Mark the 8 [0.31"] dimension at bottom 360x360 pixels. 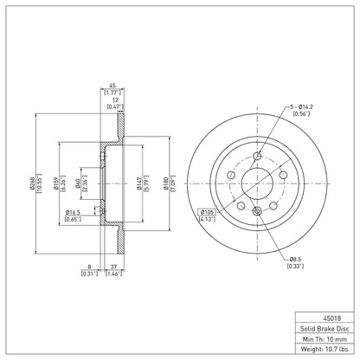pos(90,270)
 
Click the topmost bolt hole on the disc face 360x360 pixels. pos(256,157)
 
